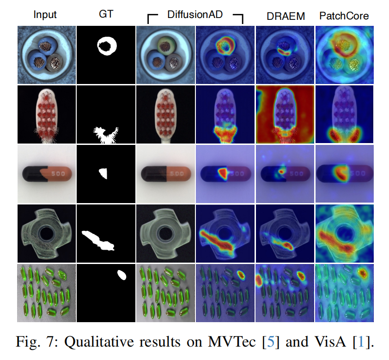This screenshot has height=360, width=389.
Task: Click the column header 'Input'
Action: coord(45,15)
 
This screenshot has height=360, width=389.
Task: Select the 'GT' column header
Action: coord(105,15)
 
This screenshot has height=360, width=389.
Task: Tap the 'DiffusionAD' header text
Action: coord(195,15)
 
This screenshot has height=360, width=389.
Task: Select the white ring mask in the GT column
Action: coord(107,46)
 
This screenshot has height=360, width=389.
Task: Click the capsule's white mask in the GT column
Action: coord(103,174)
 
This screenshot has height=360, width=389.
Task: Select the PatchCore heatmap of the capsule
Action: coord(344,174)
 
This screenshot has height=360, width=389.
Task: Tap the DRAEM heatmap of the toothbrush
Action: coord(285,114)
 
